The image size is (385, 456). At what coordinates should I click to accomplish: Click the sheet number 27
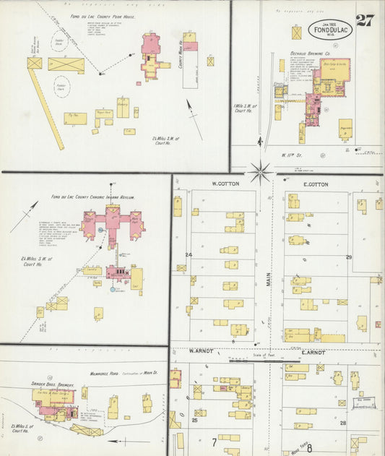click(365, 20)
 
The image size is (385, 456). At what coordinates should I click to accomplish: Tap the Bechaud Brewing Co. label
click(311, 53)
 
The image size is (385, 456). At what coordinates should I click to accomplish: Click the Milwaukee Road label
click(103, 373)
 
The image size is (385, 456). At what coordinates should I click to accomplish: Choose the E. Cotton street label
click(314, 184)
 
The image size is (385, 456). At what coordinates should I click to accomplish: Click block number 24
click(189, 255)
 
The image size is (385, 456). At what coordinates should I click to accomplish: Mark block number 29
click(349, 257)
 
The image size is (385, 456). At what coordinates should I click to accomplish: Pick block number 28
click(344, 422)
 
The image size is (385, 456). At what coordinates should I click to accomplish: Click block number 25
click(194, 419)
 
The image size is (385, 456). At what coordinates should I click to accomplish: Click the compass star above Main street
click(261, 172)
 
